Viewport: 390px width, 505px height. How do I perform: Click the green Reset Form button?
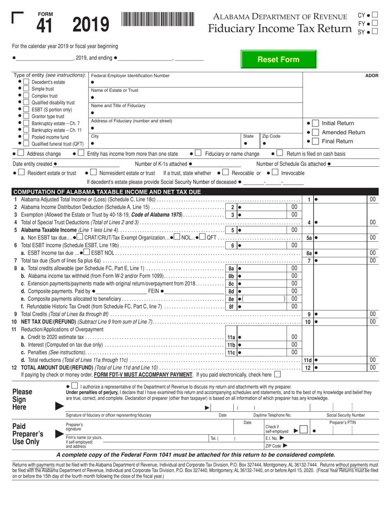(278, 60)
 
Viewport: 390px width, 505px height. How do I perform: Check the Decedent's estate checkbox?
(26, 82)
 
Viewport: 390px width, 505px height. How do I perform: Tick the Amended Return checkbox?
(315, 132)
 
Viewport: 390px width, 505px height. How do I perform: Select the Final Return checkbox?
(315, 141)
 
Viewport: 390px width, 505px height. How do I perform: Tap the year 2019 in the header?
(91, 24)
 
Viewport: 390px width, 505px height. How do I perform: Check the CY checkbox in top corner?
(374, 15)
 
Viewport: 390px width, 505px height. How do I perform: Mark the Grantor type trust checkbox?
(26, 117)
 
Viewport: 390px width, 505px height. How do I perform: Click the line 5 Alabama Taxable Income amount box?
(263, 230)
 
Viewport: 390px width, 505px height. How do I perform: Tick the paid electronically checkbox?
(278, 374)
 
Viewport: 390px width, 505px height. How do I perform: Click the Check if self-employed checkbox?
(304, 431)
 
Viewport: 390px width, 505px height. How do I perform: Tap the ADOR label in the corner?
(372, 76)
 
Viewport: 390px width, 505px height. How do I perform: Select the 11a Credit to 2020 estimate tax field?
(263, 337)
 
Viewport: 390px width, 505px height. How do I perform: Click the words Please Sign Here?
(23, 399)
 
